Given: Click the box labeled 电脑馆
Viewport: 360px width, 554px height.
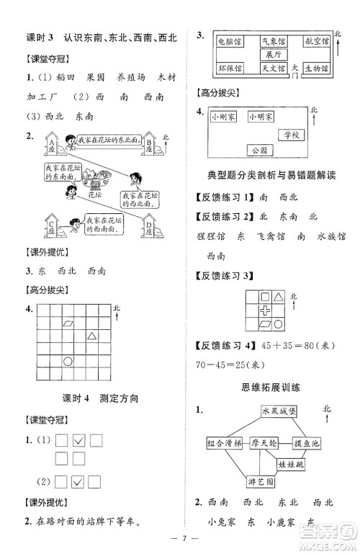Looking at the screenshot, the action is point(230,43).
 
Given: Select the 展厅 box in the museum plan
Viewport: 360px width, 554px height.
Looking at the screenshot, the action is point(272,55).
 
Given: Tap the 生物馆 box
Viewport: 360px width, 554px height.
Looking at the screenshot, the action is point(316,68).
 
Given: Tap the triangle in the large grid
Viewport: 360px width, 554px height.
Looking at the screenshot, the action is point(92,335).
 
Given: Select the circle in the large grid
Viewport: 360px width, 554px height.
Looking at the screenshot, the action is point(68,360).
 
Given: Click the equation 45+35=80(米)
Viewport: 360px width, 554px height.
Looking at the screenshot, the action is point(305,346).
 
